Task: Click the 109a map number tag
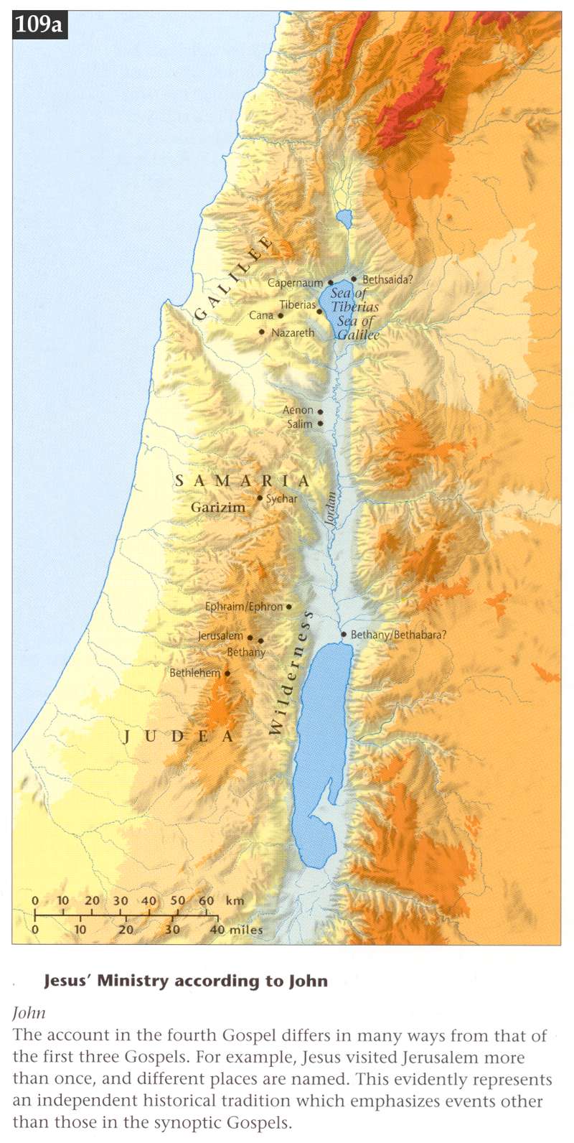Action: pyautogui.click(x=39, y=25)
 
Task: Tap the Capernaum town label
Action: pyautogui.click(x=295, y=283)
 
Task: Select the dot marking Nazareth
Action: pyautogui.click(x=262, y=332)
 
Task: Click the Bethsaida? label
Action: pyautogui.click(x=387, y=279)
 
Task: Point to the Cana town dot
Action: pyautogui.click(x=281, y=315)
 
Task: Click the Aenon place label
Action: pyautogui.click(x=298, y=410)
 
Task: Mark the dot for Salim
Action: pyautogui.click(x=320, y=424)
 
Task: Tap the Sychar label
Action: pyautogui.click(x=281, y=498)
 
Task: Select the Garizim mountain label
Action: pyautogui.click(x=217, y=507)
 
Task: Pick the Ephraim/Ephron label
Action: pyautogui.click(x=244, y=607)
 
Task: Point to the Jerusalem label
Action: pyautogui.click(x=220, y=636)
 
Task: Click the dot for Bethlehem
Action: pyautogui.click(x=227, y=673)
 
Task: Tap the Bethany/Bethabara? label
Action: pyautogui.click(x=398, y=635)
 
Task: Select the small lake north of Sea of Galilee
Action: pyautogui.click(x=344, y=218)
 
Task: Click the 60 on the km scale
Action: pyautogui.click(x=206, y=900)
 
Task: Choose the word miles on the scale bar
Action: pyautogui.click(x=246, y=930)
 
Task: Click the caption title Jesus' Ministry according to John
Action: pyautogui.click(x=186, y=981)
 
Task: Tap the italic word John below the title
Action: pyautogui.click(x=29, y=1013)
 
